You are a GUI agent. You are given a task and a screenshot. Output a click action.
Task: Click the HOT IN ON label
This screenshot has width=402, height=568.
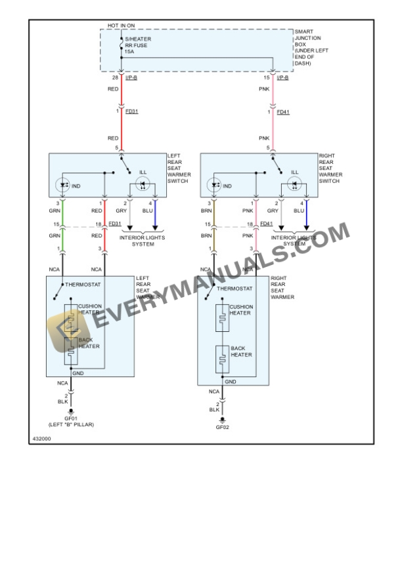[121, 26]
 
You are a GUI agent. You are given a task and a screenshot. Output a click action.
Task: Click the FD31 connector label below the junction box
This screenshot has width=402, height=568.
[131, 112]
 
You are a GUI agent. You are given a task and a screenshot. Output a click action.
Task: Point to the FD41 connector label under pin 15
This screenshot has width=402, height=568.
[283, 112]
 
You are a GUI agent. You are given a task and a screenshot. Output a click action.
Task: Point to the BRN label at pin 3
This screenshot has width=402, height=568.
[206, 211]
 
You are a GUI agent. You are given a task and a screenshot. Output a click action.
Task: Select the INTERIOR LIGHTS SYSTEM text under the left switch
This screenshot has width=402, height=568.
[137, 241]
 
